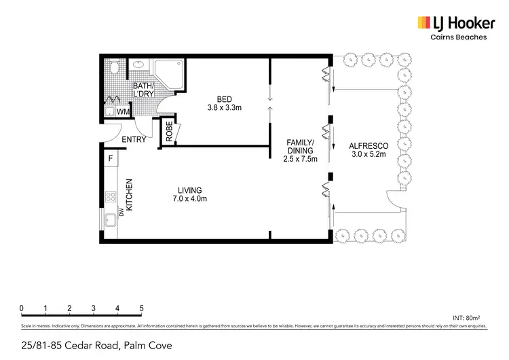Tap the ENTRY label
click(134, 140)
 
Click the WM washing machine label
click(123, 111)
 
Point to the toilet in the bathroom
click(114, 69)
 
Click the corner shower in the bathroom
click(169, 73)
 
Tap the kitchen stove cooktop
click(109, 197)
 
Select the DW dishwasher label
click(122, 213)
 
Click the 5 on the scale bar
click(142, 308)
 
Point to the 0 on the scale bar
click(22, 308)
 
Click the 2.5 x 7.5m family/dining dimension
click(299, 160)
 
